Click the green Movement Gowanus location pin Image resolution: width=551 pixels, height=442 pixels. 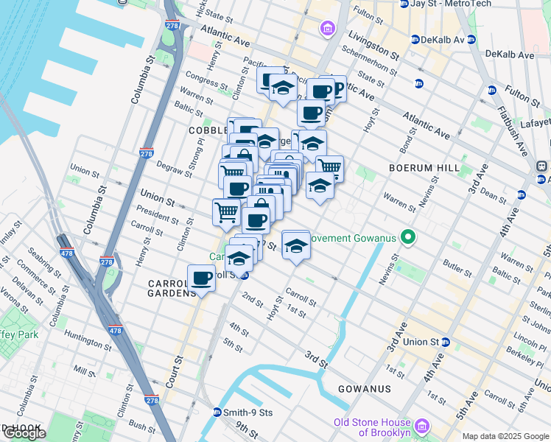(406, 238)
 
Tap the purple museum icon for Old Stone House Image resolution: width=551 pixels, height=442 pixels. (421, 426)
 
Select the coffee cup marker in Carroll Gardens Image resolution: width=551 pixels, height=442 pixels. (201, 278)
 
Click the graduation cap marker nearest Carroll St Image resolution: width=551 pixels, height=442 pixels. (295, 245)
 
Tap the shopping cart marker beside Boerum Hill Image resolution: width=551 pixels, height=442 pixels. (329, 168)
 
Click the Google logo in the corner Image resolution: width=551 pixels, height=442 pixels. (24, 433)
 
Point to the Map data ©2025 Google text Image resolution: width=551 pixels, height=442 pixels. (505, 436)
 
